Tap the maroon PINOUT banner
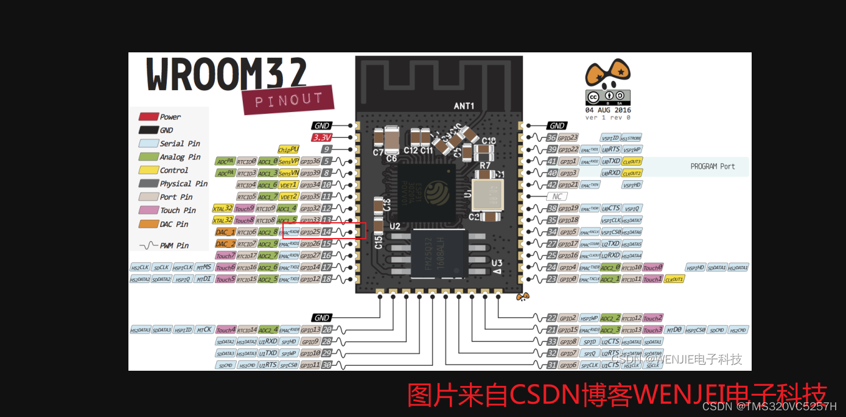tap(288, 99)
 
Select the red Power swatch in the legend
tap(149, 117)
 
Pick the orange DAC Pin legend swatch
tap(149, 224)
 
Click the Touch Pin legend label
tap(178, 211)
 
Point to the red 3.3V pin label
tap(321, 138)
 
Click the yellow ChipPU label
tap(288, 149)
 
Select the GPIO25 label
tap(310, 232)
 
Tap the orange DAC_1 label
tap(225, 232)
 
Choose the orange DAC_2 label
tap(225, 244)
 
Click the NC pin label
tap(556, 197)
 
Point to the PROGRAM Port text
tap(712, 166)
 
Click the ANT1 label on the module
tap(464, 106)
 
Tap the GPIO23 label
tap(568, 138)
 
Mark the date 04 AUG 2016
tap(608, 110)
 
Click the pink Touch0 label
tap(652, 267)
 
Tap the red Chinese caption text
tap(617, 394)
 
